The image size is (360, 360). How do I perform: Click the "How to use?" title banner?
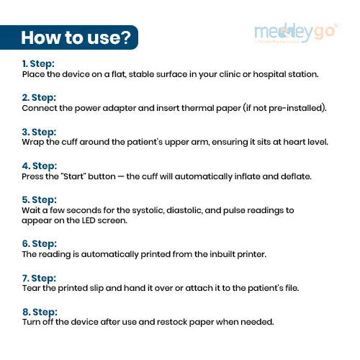[x=69, y=37]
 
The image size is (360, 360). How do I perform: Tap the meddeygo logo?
[x=296, y=33]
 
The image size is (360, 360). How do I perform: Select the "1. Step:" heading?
[x=38, y=64]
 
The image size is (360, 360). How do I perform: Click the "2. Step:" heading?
[x=39, y=98]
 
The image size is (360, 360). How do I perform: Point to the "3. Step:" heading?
[x=39, y=132]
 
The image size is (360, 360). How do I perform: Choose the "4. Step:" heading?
[x=40, y=166]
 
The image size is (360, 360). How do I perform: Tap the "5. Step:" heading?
[x=40, y=199]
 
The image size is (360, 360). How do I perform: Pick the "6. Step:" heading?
[x=40, y=243]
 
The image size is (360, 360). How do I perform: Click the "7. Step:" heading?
[x=39, y=278]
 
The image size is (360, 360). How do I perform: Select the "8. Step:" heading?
[x=40, y=312]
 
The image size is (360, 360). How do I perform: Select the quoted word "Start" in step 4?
[x=73, y=176]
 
